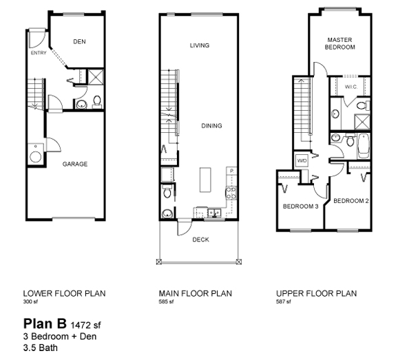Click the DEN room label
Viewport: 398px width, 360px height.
79,41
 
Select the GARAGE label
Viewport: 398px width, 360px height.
74,164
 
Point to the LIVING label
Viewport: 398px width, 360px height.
200,45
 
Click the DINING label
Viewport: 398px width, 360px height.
212,126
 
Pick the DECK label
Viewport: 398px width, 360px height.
200,240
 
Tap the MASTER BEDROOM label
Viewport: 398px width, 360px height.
340,43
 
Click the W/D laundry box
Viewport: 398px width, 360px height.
301,160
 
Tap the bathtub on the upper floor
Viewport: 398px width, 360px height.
363,145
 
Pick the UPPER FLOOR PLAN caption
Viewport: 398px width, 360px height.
317,293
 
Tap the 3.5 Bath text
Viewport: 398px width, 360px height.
41,348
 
